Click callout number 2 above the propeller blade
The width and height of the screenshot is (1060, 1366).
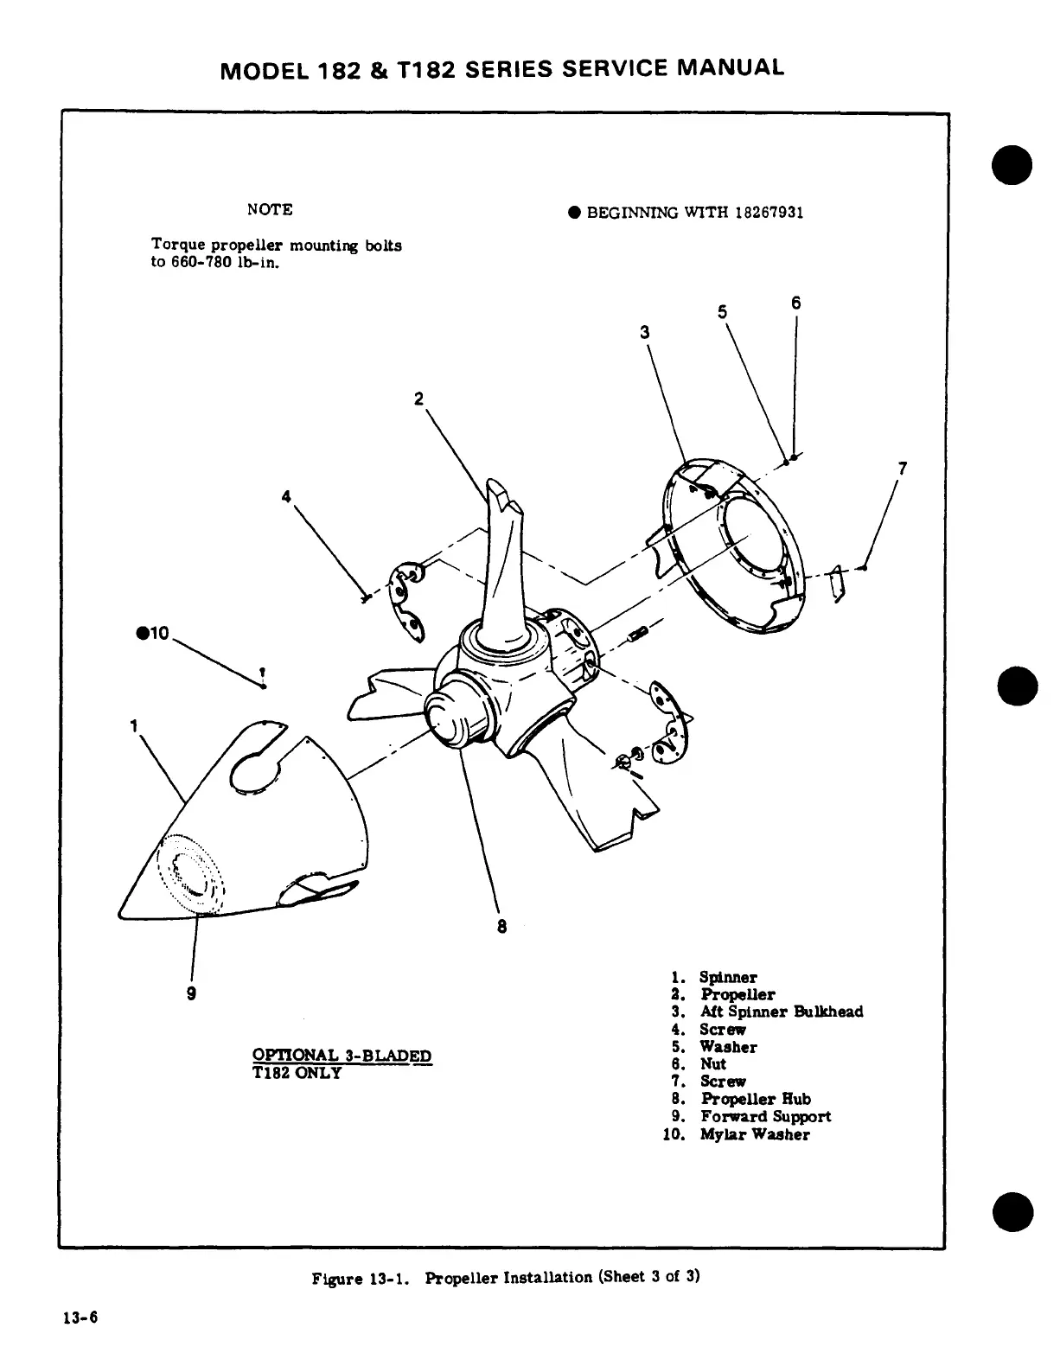[418, 399]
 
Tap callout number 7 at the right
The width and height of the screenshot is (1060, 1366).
[903, 469]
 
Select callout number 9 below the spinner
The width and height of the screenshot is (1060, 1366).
[192, 993]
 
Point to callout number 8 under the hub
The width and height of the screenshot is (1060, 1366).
[501, 926]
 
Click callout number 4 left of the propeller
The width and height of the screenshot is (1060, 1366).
[286, 496]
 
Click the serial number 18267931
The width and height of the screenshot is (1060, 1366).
[769, 213]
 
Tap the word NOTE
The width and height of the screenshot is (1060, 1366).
[270, 210]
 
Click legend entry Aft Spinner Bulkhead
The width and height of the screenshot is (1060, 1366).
[782, 1012]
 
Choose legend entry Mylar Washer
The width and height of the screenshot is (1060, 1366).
[755, 1134]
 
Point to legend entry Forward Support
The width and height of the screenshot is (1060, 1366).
[766, 1116]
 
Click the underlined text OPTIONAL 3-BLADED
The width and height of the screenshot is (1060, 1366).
[342, 1056]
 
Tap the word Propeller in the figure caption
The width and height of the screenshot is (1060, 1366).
[463, 1277]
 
